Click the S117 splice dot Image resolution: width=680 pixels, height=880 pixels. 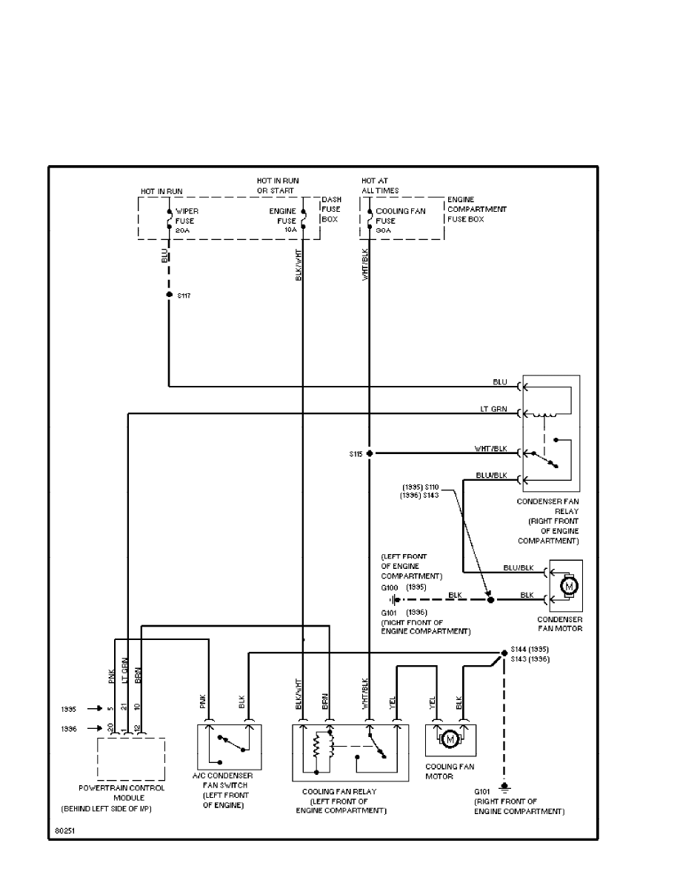tap(169, 295)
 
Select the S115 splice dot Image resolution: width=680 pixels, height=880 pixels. tap(369, 453)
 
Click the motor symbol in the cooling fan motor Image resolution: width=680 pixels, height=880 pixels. tap(450, 739)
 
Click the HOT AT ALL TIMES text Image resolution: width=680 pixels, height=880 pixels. tap(380, 185)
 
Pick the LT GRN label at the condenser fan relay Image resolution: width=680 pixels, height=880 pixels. tap(493, 410)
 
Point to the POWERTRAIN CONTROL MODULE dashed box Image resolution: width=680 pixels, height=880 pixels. tap(130, 758)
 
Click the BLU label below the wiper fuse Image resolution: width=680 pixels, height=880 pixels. tap(164, 256)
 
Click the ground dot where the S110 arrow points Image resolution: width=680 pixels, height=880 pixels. tap(490, 599)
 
